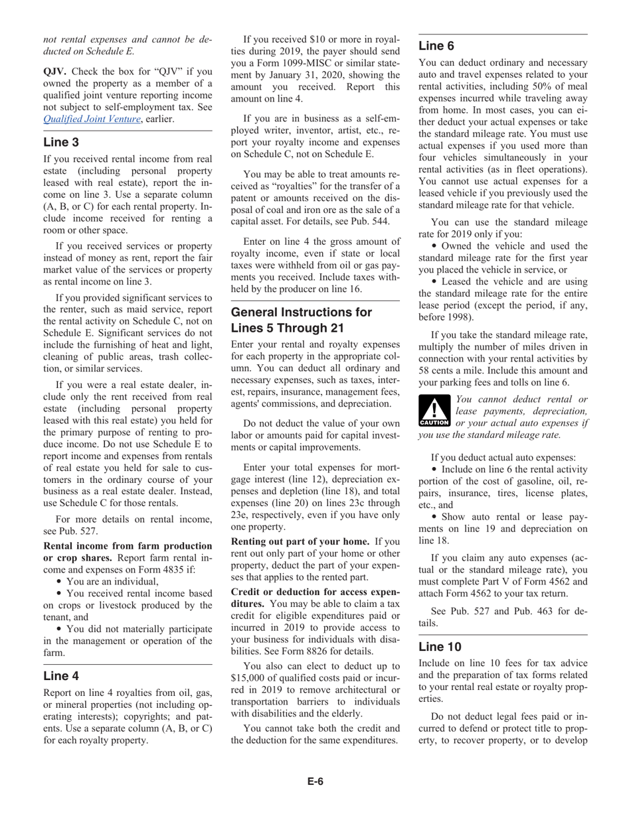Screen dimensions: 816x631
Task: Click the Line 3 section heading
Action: pos(61,141)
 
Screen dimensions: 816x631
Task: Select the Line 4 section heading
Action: pos(61,676)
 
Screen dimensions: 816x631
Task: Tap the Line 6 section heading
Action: pos(436,46)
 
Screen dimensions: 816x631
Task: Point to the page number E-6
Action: pos(315,781)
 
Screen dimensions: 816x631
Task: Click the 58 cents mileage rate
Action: pos(443,369)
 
